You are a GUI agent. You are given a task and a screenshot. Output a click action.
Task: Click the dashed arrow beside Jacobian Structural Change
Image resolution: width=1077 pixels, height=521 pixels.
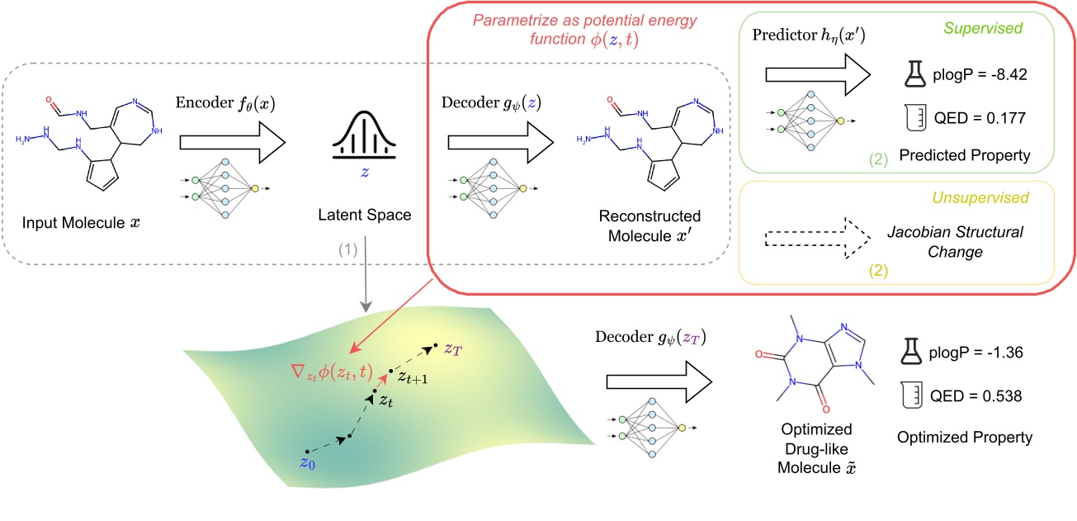pyautogui.click(x=816, y=240)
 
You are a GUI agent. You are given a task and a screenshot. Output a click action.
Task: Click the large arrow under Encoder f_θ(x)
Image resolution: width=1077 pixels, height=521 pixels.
pyautogui.click(x=231, y=143)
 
